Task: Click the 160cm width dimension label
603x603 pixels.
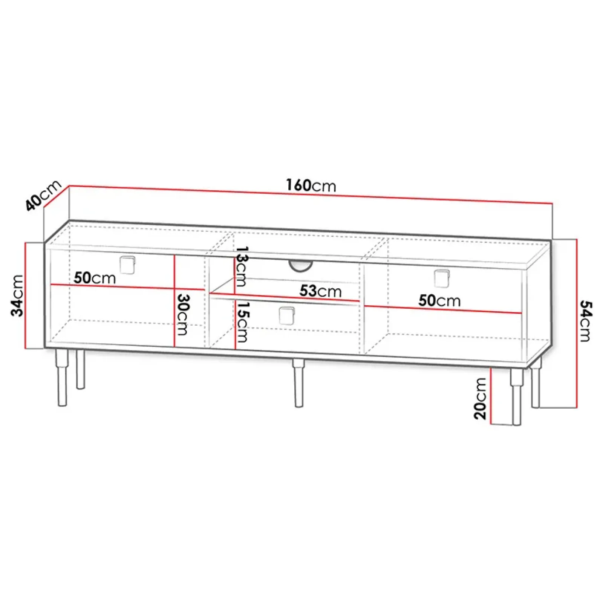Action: click(x=311, y=185)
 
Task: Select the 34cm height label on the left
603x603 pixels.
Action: click(x=17, y=295)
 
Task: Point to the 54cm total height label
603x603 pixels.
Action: click(x=585, y=321)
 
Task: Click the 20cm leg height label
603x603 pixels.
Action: click(x=480, y=399)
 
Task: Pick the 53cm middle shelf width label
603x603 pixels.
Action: click(x=321, y=291)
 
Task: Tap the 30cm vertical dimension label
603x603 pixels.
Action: click(x=183, y=314)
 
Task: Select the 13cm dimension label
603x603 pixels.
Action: click(x=241, y=266)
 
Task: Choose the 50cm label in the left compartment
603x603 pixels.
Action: click(x=95, y=278)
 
